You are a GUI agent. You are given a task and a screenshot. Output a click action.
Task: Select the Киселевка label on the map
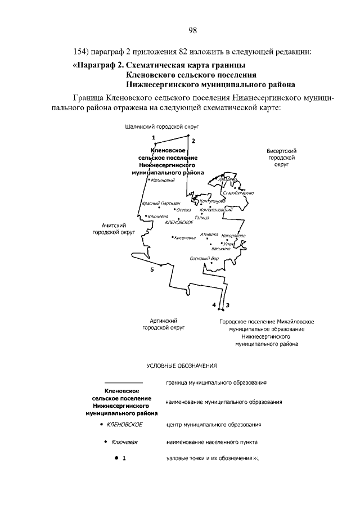click(185, 237)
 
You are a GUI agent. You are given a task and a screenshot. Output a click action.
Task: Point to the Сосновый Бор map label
click(204, 259)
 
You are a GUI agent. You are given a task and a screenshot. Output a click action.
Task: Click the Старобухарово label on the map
click(238, 193)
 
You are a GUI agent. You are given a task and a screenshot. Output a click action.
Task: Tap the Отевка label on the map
click(184, 209)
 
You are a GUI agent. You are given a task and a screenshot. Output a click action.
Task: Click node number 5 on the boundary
click(152, 270)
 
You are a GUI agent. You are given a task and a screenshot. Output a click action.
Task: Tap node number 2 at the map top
click(193, 140)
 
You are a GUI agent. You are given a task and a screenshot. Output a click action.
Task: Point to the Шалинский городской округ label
click(162, 128)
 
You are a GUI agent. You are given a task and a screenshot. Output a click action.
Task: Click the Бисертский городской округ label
click(281, 159)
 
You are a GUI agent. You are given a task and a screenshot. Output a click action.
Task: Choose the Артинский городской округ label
click(164, 323)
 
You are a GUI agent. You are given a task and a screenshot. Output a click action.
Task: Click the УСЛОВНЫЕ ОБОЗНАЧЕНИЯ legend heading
click(182, 366)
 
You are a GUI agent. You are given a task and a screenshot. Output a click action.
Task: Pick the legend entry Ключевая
click(125, 442)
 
